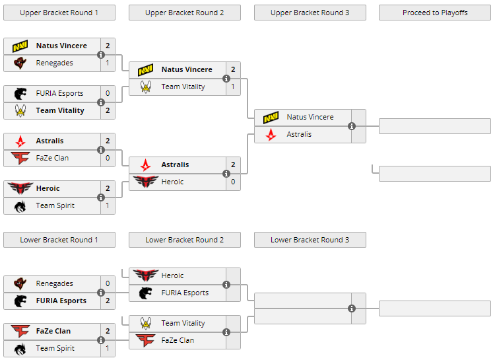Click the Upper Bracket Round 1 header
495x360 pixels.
click(x=59, y=13)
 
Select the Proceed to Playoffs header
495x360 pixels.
click(x=435, y=13)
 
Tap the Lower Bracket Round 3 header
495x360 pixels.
click(x=310, y=240)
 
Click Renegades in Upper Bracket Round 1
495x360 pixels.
click(x=54, y=63)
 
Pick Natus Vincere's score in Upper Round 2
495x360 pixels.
click(x=233, y=69)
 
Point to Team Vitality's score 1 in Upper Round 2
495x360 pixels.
click(x=233, y=87)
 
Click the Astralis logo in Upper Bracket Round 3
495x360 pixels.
click(x=271, y=134)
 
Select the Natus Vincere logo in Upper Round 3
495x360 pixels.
click(x=271, y=117)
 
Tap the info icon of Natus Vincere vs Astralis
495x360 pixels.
click(x=352, y=126)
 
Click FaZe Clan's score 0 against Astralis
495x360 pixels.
click(x=108, y=158)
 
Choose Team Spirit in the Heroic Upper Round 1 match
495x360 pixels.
click(x=55, y=205)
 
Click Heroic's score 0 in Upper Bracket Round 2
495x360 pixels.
click(x=233, y=182)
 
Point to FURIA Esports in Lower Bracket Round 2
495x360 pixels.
click(x=185, y=293)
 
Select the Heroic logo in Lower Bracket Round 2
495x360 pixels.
click(x=145, y=275)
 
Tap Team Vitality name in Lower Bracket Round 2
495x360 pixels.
click(x=183, y=323)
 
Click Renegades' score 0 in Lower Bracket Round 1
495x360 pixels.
click(x=108, y=283)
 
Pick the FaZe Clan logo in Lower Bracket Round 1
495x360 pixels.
click(x=20, y=331)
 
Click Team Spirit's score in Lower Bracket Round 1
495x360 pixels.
click(x=108, y=348)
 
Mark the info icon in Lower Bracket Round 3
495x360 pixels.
click(x=352, y=308)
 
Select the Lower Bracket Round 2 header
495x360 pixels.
click(x=184, y=240)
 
